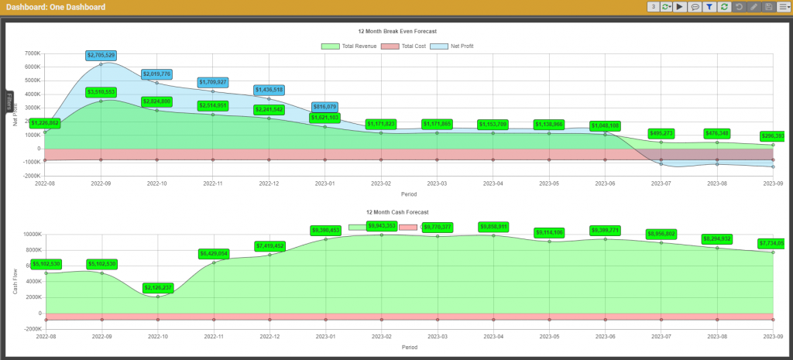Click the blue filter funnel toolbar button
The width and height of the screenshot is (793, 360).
pyautogui.click(x=709, y=7)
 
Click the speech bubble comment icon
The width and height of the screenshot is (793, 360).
pyautogui.click(x=695, y=7)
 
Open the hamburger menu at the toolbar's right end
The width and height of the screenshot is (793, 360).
pyautogui.click(x=784, y=7)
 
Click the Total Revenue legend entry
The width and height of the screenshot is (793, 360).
pyautogui.click(x=349, y=46)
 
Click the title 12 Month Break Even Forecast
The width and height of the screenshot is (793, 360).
pyautogui.click(x=397, y=32)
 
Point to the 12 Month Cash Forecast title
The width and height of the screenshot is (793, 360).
pyautogui.click(x=397, y=211)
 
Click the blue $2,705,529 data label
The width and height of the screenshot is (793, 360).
pyautogui.click(x=101, y=56)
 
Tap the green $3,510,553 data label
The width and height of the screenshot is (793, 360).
pyautogui.click(x=101, y=92)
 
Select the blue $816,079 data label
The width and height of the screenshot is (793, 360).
pyautogui.click(x=325, y=107)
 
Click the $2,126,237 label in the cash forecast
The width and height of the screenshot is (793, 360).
pyautogui.click(x=157, y=288)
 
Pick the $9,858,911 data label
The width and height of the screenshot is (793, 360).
pyautogui.click(x=493, y=227)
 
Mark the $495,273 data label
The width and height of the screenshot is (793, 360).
pyautogui.click(x=661, y=133)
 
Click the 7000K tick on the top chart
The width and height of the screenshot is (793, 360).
pyautogui.click(x=33, y=54)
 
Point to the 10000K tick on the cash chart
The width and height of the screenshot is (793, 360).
pyautogui.click(x=31, y=235)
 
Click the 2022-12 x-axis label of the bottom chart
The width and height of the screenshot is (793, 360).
pyautogui.click(x=269, y=338)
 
